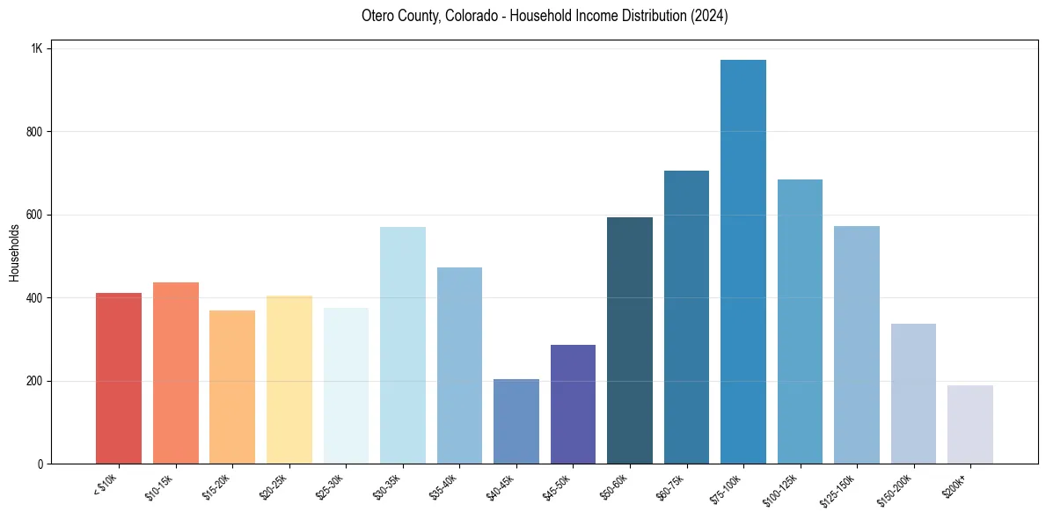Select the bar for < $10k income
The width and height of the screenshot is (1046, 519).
click(x=119, y=378)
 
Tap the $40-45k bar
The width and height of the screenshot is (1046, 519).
click(x=516, y=421)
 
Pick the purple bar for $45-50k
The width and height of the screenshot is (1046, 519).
click(x=573, y=404)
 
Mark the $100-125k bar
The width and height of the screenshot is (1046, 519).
click(x=800, y=321)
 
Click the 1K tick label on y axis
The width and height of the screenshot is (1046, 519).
click(x=36, y=48)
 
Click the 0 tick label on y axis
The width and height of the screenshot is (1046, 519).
click(x=40, y=464)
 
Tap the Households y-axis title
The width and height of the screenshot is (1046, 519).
click(x=15, y=252)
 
